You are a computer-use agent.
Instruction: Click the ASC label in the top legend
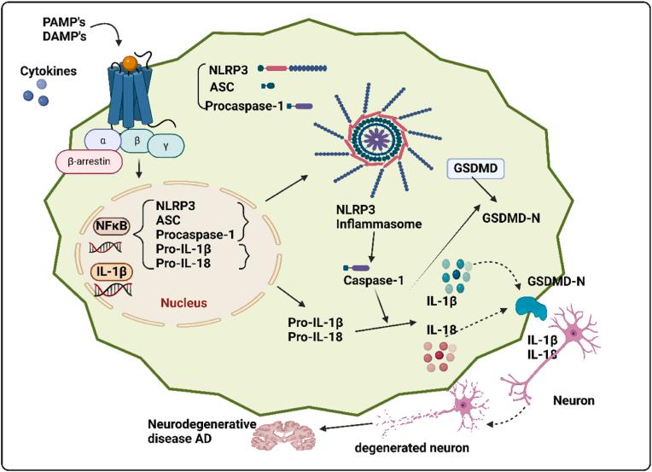point(222,85)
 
